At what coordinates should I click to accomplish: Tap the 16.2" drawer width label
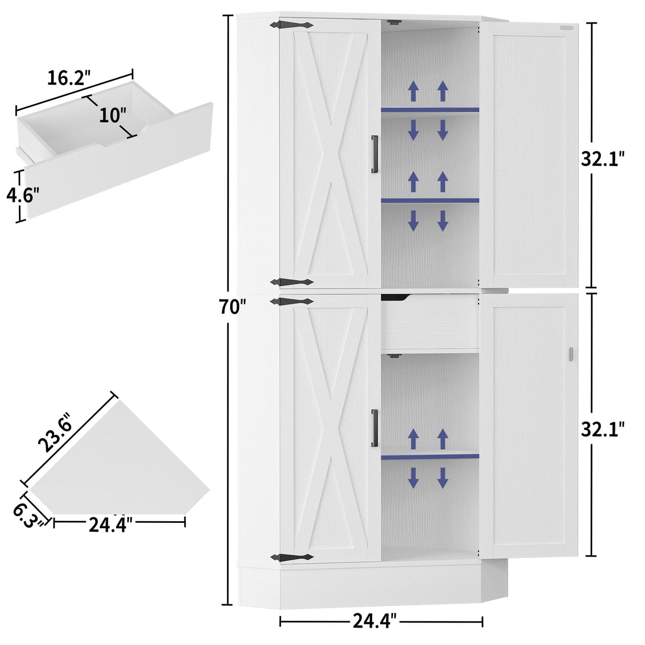[69, 78]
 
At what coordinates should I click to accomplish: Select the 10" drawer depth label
[113, 115]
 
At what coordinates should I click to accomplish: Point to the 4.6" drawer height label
[22, 195]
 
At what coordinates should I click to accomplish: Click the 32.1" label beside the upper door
[602, 160]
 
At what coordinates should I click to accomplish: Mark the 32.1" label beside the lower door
[602, 429]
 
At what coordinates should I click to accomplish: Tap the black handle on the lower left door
[375, 428]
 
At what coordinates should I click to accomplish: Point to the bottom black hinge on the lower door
[292, 557]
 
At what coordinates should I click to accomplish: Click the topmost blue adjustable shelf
[430, 110]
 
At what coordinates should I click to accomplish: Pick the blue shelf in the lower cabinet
[430, 456]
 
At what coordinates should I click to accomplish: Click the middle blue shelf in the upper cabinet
[430, 200]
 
